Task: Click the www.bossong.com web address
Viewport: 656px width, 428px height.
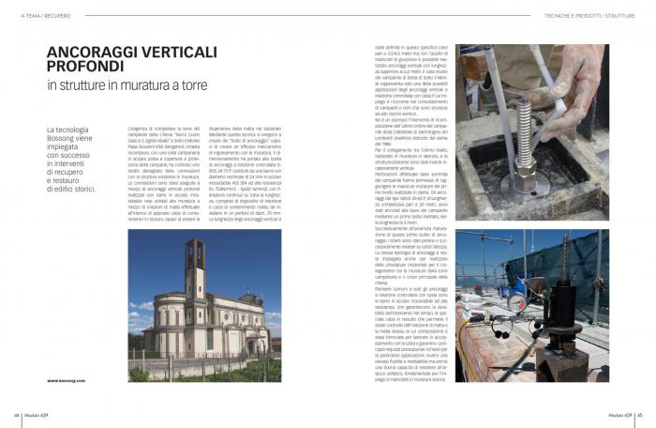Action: (67, 380)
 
